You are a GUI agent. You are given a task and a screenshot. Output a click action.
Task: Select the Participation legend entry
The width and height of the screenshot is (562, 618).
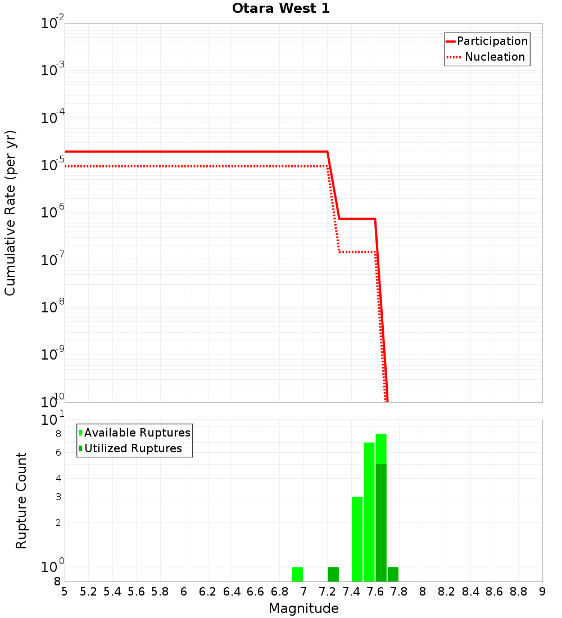pos(492,41)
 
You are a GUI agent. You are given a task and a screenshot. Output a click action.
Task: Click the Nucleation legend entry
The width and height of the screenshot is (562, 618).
pos(495,57)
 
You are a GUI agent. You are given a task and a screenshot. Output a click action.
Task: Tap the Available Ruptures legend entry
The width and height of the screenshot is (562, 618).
pos(137,433)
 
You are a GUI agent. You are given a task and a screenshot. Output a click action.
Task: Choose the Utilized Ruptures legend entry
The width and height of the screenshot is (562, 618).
pos(133,448)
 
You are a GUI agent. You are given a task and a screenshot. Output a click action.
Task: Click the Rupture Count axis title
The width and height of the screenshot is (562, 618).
pos(21,500)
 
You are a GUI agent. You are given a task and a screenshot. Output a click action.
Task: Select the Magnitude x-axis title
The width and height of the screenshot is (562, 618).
pos(303,608)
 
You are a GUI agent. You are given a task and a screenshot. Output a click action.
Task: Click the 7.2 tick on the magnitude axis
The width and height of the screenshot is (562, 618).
pos(327,592)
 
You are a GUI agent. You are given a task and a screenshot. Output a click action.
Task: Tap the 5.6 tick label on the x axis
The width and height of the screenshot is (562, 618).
pos(136,592)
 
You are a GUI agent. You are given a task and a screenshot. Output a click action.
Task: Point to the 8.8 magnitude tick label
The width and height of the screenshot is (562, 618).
pos(518,592)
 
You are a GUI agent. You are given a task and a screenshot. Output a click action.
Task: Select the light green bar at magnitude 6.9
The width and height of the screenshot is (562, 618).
pos(297,574)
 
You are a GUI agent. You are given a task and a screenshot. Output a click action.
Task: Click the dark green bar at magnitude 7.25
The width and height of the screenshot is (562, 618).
pos(333,574)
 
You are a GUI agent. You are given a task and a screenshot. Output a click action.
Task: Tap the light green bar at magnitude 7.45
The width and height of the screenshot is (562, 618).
pos(357,539)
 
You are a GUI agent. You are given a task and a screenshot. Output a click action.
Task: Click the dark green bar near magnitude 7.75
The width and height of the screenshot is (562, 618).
pos(393,574)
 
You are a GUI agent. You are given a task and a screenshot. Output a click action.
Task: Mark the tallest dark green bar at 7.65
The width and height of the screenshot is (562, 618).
pos(381,522)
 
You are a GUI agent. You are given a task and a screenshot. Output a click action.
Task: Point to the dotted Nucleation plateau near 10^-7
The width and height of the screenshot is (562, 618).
pos(357,252)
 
